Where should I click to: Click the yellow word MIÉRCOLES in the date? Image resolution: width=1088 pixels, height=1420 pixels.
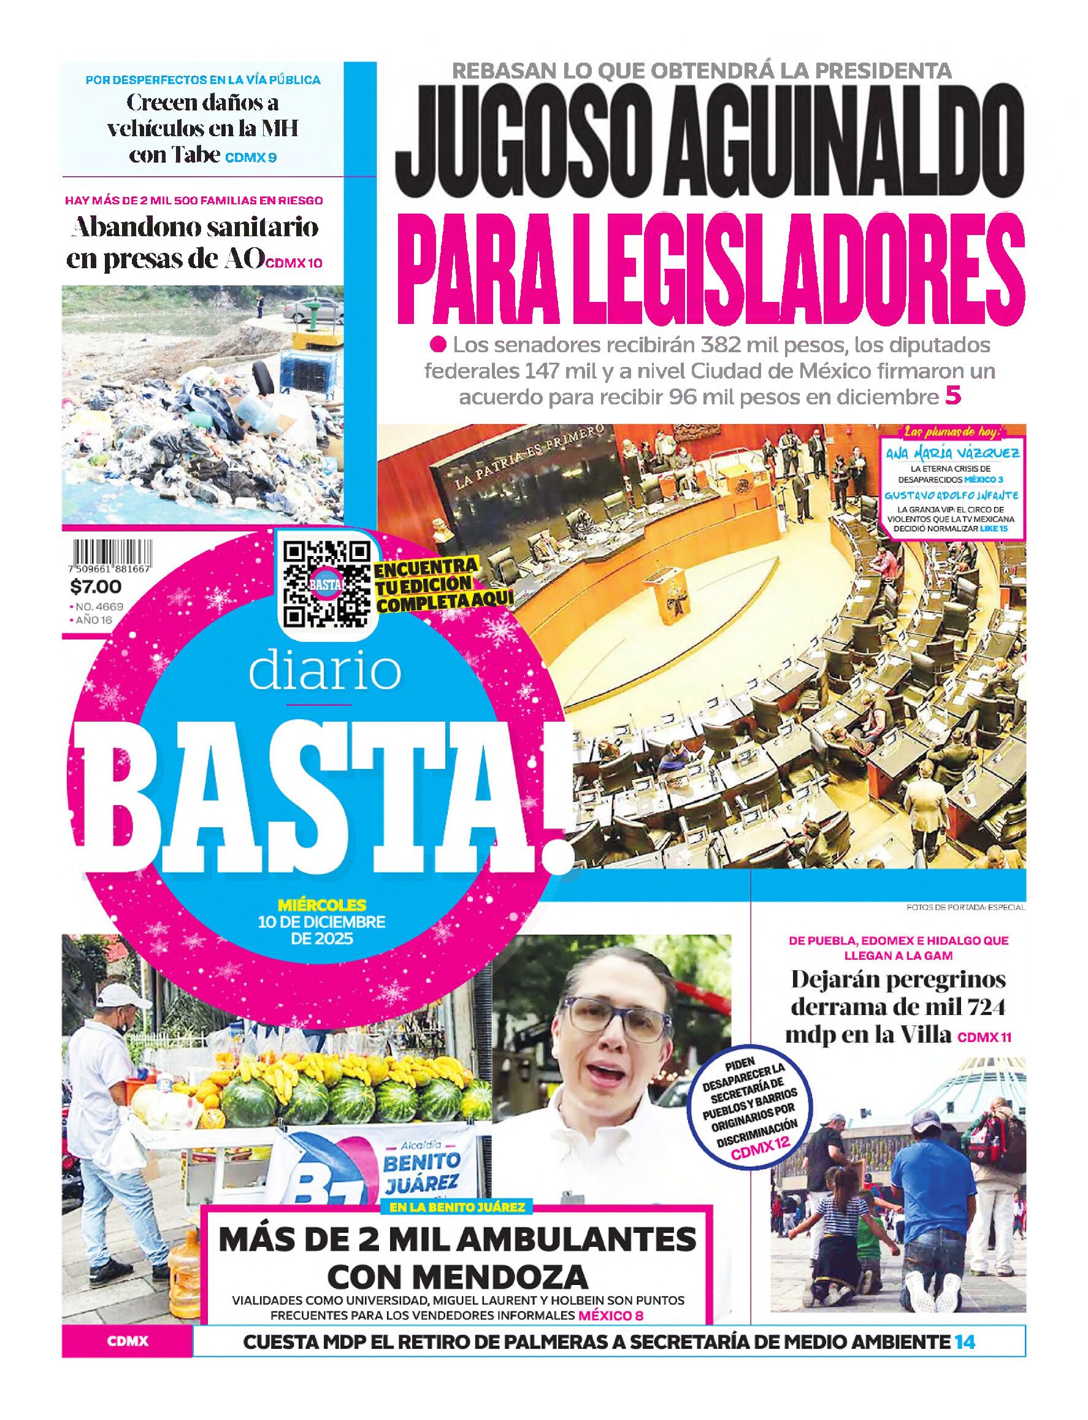click(x=322, y=905)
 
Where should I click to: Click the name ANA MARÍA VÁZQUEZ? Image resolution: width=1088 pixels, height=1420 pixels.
click(x=952, y=453)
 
